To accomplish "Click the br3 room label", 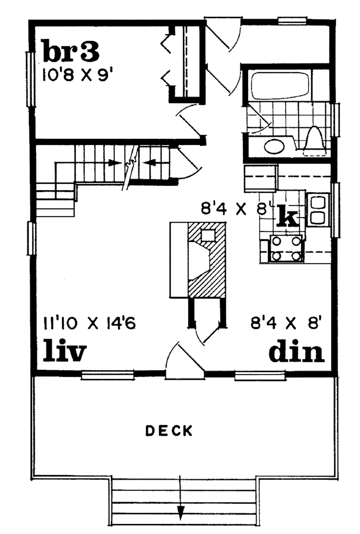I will point(70,51).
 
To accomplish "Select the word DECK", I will point(169,431).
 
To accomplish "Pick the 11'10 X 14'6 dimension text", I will point(89,323).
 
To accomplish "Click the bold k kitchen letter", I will point(288,216).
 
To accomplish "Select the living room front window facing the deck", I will point(108,375).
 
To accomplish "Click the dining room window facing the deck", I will point(260,376).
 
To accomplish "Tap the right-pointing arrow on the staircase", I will point(114,163).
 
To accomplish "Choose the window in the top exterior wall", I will point(291,20).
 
